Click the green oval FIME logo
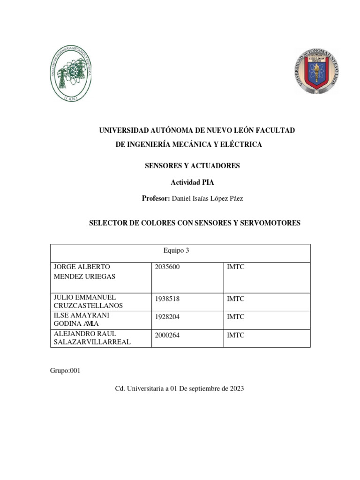71,75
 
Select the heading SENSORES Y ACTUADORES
191,166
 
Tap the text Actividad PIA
191,183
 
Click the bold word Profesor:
156,199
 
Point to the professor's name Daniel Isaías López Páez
208,199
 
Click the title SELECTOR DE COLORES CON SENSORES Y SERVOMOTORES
195,223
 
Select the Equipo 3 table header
177,251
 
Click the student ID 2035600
167,267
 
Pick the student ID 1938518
167,298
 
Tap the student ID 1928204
167,316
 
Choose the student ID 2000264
167,335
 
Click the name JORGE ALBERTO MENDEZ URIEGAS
84,272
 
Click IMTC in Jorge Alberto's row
236,267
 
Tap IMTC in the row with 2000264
236,335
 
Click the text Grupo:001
65,371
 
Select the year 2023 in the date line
236,389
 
